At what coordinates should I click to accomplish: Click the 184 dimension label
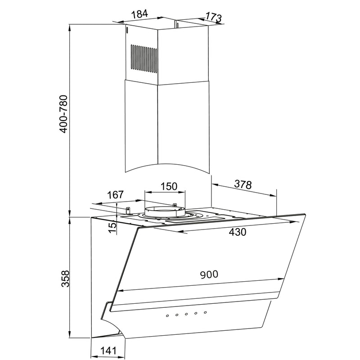pos(139,14)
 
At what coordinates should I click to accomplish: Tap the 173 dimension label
pos(213,17)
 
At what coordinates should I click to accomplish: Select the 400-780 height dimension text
pos(63,114)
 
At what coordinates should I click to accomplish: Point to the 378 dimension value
pos(243,184)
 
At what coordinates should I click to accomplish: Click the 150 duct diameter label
pos(169,186)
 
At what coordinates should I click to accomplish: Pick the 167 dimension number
pos(115,195)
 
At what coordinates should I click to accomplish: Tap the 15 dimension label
pos(112,227)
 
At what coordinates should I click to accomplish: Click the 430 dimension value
pos(238,232)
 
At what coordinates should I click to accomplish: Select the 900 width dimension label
pos(209,274)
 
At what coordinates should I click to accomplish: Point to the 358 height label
pos(65,279)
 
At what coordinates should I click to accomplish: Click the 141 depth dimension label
pos(108,351)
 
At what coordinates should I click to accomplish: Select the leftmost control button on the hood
pos(167,316)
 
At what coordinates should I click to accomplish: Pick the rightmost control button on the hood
pos(205,312)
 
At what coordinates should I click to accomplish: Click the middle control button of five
pos(186,314)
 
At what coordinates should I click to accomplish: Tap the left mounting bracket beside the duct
pos(128,210)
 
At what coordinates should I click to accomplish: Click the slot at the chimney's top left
pos(127,30)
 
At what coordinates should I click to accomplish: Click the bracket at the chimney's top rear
pos(177,25)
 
